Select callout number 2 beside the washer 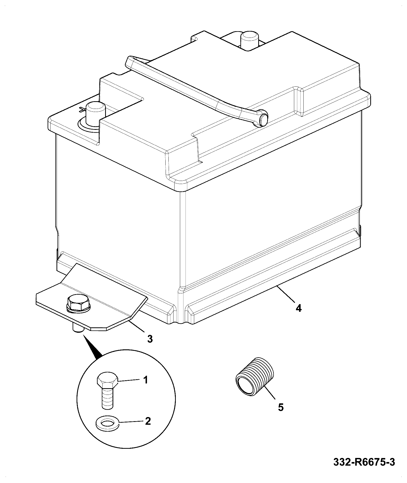148,421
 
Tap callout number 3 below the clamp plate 150,339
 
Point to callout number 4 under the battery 299,308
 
